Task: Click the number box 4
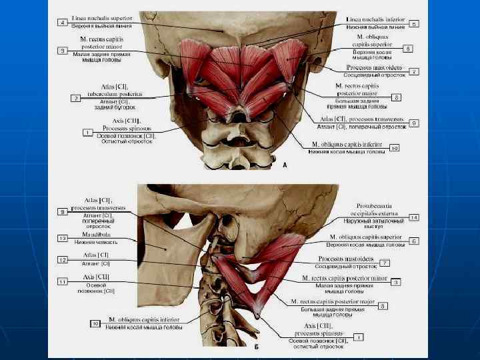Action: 62,23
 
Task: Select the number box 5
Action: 415,23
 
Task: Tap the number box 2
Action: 76,98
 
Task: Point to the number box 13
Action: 63,237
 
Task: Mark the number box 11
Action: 63,282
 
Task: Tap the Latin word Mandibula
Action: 97,234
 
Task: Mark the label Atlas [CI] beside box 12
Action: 97,255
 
